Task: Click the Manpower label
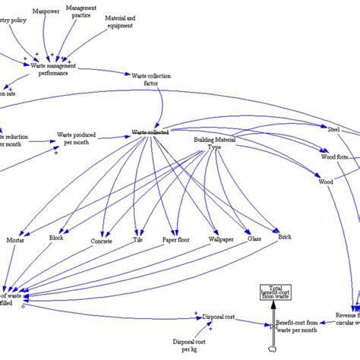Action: (47, 12)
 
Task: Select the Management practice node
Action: (81, 11)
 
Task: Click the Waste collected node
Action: (150, 132)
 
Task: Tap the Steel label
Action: (333, 129)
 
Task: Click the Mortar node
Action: (15, 240)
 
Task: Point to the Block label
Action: (56, 238)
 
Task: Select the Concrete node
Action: (101, 241)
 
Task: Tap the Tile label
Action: (137, 240)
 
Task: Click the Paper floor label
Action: (176, 240)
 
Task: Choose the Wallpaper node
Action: (220, 239)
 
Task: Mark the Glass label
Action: (254, 238)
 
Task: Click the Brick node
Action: (284, 237)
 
